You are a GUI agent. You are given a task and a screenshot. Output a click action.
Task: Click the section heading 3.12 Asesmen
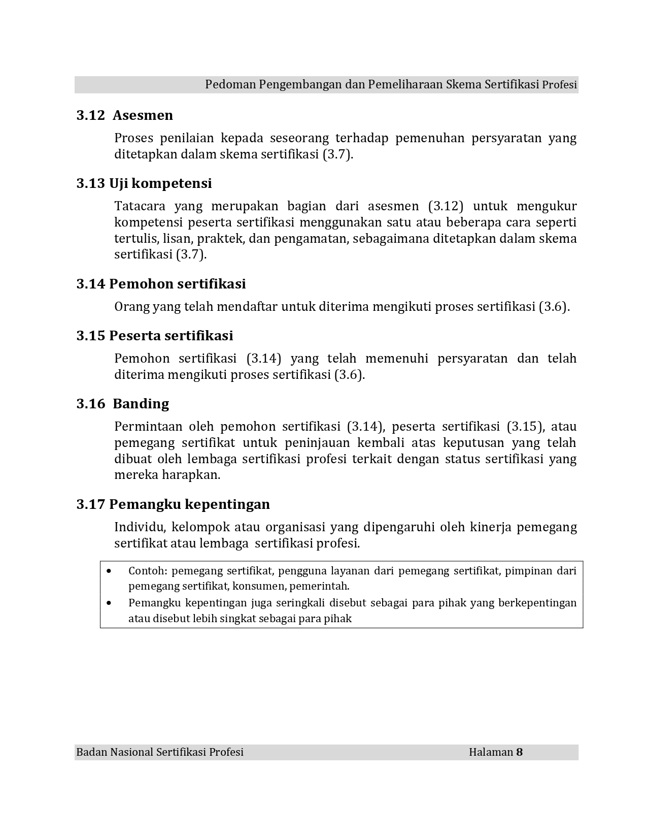[125, 115]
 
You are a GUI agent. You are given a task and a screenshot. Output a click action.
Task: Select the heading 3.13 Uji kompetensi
[144, 183]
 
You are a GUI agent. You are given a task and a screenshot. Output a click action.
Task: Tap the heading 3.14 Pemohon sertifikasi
[161, 284]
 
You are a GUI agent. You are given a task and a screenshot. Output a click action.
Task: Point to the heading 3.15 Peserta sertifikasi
[155, 336]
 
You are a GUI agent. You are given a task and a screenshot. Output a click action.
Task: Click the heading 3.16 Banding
[123, 404]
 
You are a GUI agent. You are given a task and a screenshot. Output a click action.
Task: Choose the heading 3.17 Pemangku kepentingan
[173, 504]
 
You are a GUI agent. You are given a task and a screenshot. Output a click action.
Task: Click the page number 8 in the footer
[519, 752]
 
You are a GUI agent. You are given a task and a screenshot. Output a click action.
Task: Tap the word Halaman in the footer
[491, 752]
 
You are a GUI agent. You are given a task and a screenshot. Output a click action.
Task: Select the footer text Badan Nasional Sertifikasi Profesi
[160, 752]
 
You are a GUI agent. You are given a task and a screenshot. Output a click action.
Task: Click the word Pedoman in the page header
[230, 84]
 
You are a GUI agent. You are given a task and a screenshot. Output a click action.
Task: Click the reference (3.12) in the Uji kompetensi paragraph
[446, 206]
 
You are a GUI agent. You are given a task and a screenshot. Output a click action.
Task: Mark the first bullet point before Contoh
[110, 571]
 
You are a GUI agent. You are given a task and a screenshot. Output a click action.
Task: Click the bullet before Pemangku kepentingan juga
[110, 603]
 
